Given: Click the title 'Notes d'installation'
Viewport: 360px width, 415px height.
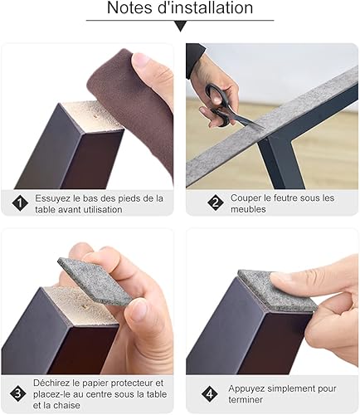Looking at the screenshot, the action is (180, 7).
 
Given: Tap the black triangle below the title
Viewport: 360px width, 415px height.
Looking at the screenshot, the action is (180, 27).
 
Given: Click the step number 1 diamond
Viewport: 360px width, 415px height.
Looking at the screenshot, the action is (20, 203).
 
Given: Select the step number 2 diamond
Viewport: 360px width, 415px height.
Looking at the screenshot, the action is (216, 203).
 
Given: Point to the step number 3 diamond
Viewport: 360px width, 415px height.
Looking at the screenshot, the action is (18, 393).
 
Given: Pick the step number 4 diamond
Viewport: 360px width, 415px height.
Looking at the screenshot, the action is (210, 393).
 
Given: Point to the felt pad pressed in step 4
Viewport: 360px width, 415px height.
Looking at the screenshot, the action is (277, 290).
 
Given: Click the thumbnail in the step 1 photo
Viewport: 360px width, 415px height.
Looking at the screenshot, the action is (142, 60).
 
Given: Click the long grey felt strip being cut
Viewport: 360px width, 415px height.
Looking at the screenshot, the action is (272, 126).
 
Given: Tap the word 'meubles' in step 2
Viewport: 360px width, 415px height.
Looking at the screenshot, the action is (248, 209).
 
